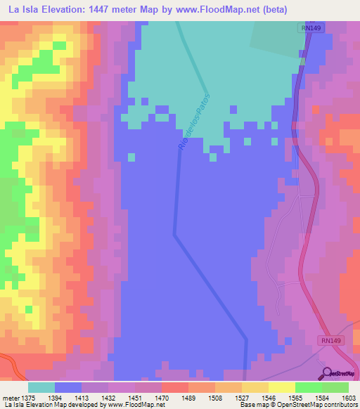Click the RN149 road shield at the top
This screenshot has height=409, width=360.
tap(306, 28)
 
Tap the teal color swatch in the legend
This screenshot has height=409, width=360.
tap(41, 387)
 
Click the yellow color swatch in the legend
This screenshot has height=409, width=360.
tap(281, 387)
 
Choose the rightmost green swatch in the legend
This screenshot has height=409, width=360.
tap(335, 387)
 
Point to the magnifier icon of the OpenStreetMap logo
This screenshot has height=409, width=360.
tap(325, 372)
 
